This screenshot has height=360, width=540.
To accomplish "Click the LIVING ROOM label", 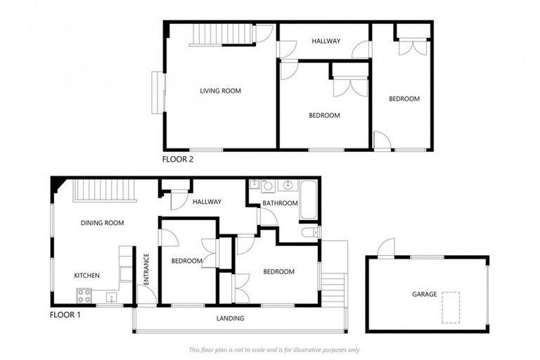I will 220,91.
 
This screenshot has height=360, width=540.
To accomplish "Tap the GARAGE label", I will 425,295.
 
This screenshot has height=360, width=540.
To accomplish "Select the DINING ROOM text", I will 102,223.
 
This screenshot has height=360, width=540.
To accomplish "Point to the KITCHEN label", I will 86,276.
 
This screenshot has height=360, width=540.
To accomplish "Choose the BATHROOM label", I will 281,204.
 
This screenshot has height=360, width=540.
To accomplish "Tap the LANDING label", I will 231,319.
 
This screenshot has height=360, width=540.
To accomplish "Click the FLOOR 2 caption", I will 177,159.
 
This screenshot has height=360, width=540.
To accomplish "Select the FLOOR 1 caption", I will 65,315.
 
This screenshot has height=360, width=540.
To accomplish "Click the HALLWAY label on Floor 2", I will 326,41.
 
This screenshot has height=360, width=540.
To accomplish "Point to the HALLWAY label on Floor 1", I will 207,202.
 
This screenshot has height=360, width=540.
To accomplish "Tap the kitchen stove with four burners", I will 85,295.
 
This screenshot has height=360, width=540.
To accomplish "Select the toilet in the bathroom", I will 309,232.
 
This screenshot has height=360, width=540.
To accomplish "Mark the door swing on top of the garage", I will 386,248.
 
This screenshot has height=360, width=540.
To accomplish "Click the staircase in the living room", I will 214,34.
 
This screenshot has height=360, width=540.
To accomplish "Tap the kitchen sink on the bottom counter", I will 111,297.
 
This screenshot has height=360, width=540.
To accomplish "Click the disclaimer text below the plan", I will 274,349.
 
